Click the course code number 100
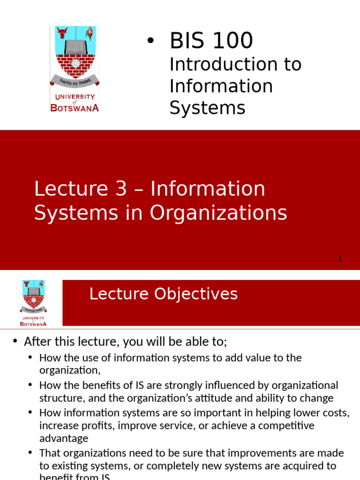coord(232,41)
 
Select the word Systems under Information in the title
coord(207,108)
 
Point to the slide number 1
coord(340,258)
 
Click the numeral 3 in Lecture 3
coord(121,189)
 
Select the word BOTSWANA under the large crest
coord(75,107)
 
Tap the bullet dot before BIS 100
coord(150,41)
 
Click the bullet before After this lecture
coord(15,341)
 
